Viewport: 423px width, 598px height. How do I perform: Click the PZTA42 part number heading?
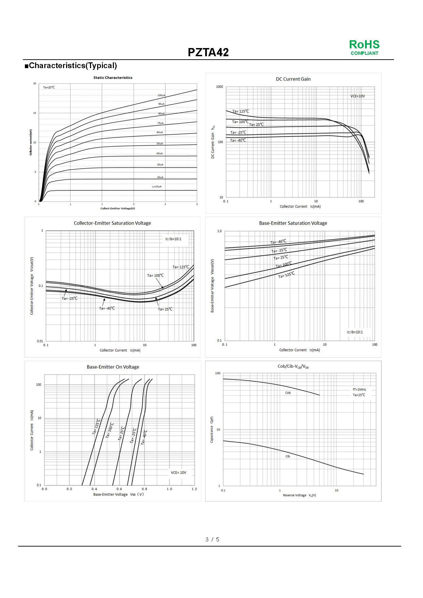(x=208, y=52)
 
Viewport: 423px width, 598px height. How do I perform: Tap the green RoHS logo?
(x=364, y=45)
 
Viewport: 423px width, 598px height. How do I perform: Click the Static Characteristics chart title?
(x=113, y=78)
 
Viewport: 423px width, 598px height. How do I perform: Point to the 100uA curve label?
(x=161, y=95)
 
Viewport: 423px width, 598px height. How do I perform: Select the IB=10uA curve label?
(x=157, y=186)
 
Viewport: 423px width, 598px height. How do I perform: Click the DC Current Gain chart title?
(x=293, y=79)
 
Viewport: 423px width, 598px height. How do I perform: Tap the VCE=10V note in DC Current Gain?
(x=358, y=96)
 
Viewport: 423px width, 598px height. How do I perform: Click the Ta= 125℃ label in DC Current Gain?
(x=241, y=111)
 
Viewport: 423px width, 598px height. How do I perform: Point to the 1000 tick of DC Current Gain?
(x=220, y=87)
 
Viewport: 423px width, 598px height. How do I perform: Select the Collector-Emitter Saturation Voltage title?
(x=112, y=223)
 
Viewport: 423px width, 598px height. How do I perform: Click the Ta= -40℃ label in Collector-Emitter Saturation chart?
(x=107, y=308)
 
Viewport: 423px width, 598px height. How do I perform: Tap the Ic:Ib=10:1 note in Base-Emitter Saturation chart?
(x=355, y=332)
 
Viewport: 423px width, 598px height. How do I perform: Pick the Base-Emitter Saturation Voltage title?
(x=293, y=223)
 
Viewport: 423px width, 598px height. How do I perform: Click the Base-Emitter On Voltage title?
(x=113, y=367)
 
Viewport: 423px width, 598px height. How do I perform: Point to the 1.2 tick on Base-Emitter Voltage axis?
(x=194, y=489)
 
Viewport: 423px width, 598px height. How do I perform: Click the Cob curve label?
(x=288, y=393)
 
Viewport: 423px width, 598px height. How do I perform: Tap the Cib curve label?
(x=288, y=456)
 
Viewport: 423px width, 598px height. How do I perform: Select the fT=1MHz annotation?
(x=359, y=389)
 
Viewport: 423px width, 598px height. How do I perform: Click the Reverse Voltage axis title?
(x=299, y=495)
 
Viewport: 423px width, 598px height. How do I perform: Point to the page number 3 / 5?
(x=212, y=539)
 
